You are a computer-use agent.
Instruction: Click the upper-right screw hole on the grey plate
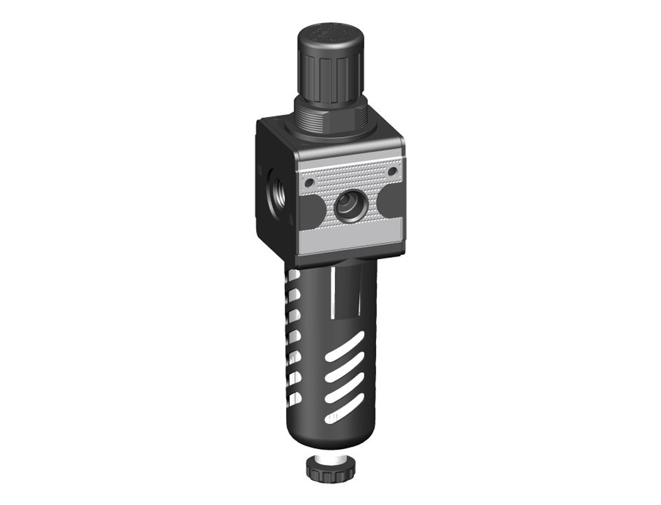point(392,171)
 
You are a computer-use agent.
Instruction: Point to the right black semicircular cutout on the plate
point(391,201)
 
